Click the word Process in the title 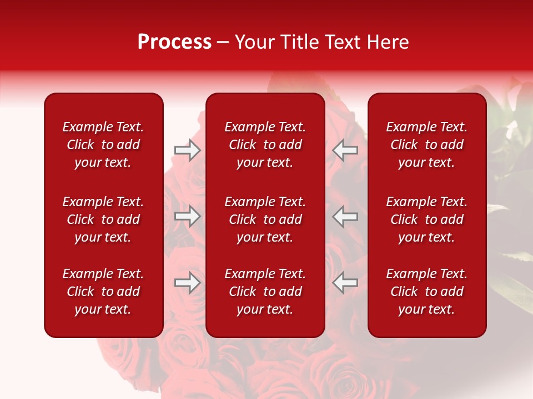point(174,42)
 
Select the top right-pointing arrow point(188,150)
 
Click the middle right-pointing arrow point(188,216)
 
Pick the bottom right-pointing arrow point(188,283)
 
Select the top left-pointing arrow point(345,150)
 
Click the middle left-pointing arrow point(345,216)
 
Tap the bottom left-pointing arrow point(345,283)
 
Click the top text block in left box point(103,145)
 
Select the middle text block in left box point(103,219)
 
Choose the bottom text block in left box point(103,291)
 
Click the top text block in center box point(265,145)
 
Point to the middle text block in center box point(265,219)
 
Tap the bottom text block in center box point(265,291)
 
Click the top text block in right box point(426,145)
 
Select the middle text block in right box point(426,219)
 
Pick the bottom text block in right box point(426,291)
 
